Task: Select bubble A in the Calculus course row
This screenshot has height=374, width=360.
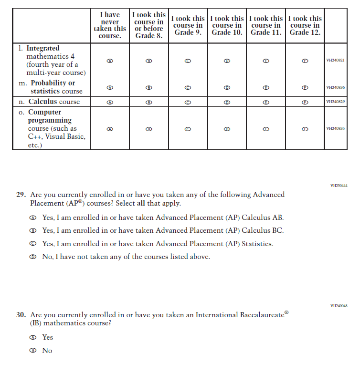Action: point(110,102)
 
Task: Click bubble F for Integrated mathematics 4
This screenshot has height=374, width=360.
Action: point(305,61)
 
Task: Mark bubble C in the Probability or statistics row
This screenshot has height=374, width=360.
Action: point(188,88)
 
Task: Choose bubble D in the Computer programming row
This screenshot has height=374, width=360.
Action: point(227,129)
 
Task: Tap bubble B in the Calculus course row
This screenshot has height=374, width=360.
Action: point(148,102)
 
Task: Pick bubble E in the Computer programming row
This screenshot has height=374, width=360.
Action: point(266,129)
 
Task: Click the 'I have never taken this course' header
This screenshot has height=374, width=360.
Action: point(110,25)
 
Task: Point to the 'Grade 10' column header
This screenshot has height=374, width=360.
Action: point(227,25)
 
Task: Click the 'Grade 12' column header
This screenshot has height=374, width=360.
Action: point(305,25)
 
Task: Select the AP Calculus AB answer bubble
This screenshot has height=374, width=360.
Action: point(33,218)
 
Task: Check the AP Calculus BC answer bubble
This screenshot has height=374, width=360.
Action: point(33,231)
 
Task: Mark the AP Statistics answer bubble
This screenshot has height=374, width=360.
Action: point(33,244)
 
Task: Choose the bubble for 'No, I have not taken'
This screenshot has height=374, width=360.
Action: point(33,257)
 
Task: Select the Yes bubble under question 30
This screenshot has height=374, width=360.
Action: point(33,337)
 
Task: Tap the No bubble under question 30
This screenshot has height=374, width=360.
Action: point(33,351)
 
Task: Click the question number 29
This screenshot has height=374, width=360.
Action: point(21,195)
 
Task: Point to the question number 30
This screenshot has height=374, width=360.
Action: point(21,315)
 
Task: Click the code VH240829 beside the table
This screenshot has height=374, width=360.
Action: point(335,102)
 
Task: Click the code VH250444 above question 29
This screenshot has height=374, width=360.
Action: point(339,185)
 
